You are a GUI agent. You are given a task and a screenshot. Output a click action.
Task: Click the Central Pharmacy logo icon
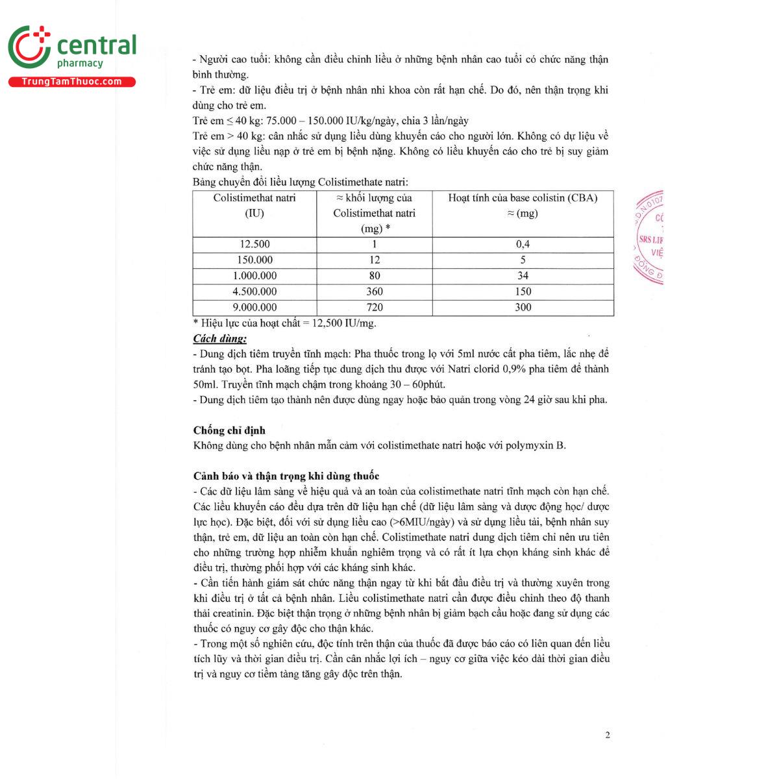click(x=29, y=47)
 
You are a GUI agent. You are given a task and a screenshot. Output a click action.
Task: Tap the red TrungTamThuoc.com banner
click(x=72, y=82)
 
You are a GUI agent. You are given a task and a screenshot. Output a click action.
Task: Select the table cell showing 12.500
click(x=254, y=244)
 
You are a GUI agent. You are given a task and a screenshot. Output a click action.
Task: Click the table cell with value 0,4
click(x=523, y=244)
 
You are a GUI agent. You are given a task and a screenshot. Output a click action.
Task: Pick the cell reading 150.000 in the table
click(x=254, y=260)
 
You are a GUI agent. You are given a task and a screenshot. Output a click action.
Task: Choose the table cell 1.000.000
click(x=254, y=276)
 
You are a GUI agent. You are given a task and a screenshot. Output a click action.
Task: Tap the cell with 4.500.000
click(x=254, y=291)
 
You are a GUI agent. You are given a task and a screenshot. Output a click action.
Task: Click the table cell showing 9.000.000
click(x=254, y=307)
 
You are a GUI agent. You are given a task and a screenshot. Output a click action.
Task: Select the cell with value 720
click(x=375, y=307)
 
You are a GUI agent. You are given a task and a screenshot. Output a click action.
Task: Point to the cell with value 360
click(x=375, y=291)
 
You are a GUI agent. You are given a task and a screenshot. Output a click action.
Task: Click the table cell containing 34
click(x=523, y=276)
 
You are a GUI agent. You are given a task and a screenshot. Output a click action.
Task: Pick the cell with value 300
click(x=523, y=307)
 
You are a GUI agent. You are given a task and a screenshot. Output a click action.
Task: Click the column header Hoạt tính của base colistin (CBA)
click(x=523, y=198)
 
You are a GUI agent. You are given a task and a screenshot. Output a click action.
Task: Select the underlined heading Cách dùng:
click(x=219, y=338)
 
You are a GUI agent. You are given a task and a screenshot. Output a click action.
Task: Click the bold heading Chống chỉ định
click(x=229, y=430)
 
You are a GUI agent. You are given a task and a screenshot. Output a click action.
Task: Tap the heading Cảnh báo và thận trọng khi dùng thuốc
click(x=286, y=476)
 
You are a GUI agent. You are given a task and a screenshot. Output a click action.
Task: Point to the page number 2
click(x=608, y=735)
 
